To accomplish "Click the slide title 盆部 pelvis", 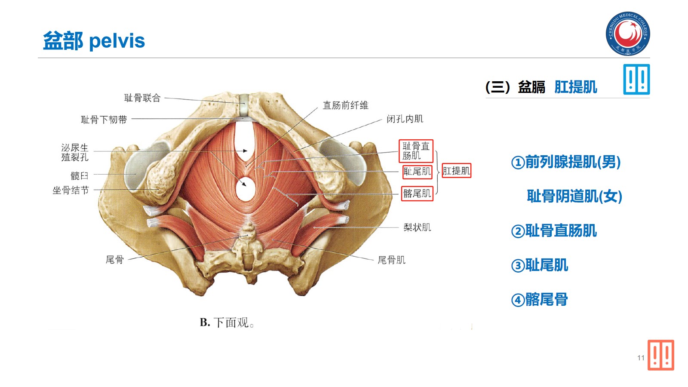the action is [94, 41].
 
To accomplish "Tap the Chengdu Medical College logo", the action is [628, 34].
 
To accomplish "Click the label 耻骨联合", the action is [142, 98].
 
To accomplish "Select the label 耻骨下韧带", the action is [104, 120].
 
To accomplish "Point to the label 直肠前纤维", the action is [345, 105].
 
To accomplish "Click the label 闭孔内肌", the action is [405, 119].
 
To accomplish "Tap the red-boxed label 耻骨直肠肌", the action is [416, 151].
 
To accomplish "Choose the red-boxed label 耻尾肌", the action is [417, 172].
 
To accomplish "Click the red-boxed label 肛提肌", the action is [456, 171].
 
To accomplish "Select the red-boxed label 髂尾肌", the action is [417, 193].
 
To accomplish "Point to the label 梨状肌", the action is [417, 227].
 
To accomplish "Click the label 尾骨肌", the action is [391, 260].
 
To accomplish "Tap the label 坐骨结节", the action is [71, 190].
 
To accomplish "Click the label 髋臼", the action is [79, 175].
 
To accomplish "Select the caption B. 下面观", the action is [227, 322].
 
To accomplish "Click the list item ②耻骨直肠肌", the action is [554, 231].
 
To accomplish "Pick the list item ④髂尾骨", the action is [539, 300].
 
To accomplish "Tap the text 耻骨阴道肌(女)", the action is [574, 197].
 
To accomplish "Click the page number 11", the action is [641, 358].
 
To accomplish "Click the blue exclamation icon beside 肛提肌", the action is [636, 80].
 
